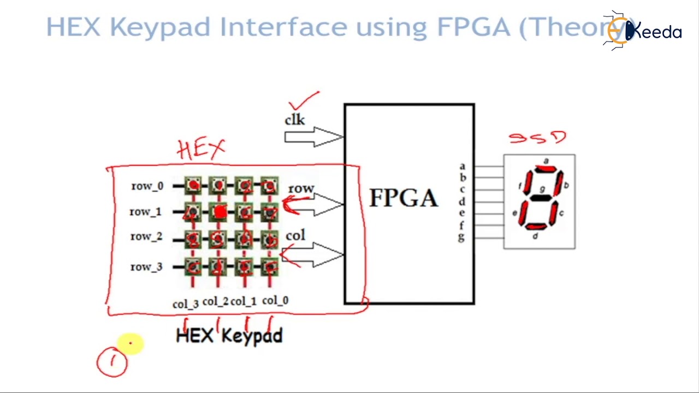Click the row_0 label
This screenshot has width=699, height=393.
(147, 186)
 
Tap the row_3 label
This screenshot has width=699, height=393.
(146, 267)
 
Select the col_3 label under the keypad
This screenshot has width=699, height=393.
(186, 303)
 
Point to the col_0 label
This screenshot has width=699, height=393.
(275, 301)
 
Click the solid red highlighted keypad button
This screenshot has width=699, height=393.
(219, 212)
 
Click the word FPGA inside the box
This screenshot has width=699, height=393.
(404, 198)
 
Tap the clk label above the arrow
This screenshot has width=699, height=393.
(295, 120)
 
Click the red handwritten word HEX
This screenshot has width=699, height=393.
(201, 148)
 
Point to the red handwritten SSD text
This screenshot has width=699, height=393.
(538, 137)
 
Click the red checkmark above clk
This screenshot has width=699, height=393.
(303, 102)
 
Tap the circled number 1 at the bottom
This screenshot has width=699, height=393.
(112, 362)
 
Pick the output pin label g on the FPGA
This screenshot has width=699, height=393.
(462, 237)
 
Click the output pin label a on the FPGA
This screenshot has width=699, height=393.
(462, 166)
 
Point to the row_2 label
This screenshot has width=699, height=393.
(146, 237)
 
